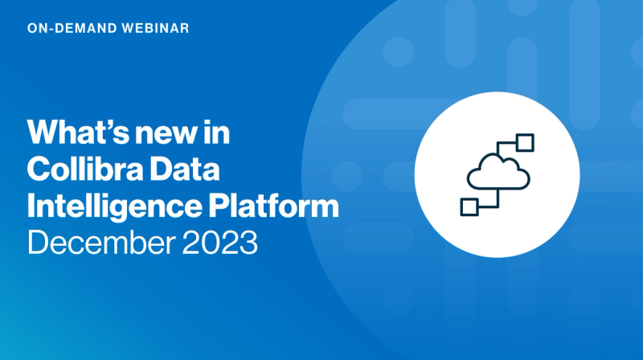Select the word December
tap(96, 242)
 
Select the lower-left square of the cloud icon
tap(468, 207)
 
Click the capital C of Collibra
tap(39, 170)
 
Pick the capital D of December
tap(39, 242)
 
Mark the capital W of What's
tap(45, 133)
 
